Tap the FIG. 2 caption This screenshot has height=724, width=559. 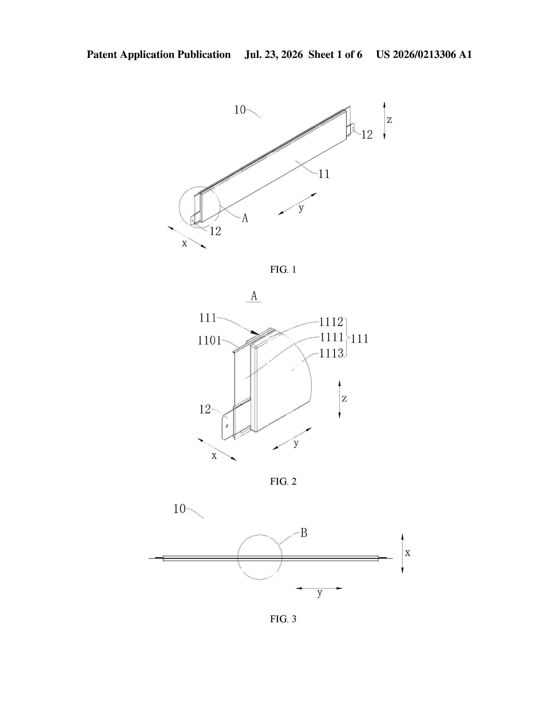(x=283, y=481)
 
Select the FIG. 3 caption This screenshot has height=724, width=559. (x=283, y=619)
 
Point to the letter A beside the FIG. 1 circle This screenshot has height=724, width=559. (x=245, y=218)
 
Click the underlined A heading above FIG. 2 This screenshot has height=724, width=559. (x=254, y=296)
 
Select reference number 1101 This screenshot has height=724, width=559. (x=209, y=340)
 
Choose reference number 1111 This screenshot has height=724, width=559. (x=331, y=337)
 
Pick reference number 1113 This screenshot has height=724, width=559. (x=331, y=353)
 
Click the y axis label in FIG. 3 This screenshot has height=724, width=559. (x=320, y=593)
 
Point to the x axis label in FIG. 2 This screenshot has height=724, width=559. (x=214, y=456)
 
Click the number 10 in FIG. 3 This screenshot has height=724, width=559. (x=180, y=509)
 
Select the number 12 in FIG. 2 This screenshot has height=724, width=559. (x=205, y=410)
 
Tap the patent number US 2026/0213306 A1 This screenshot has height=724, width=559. (x=424, y=55)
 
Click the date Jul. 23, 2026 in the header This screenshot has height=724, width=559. (x=274, y=55)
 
